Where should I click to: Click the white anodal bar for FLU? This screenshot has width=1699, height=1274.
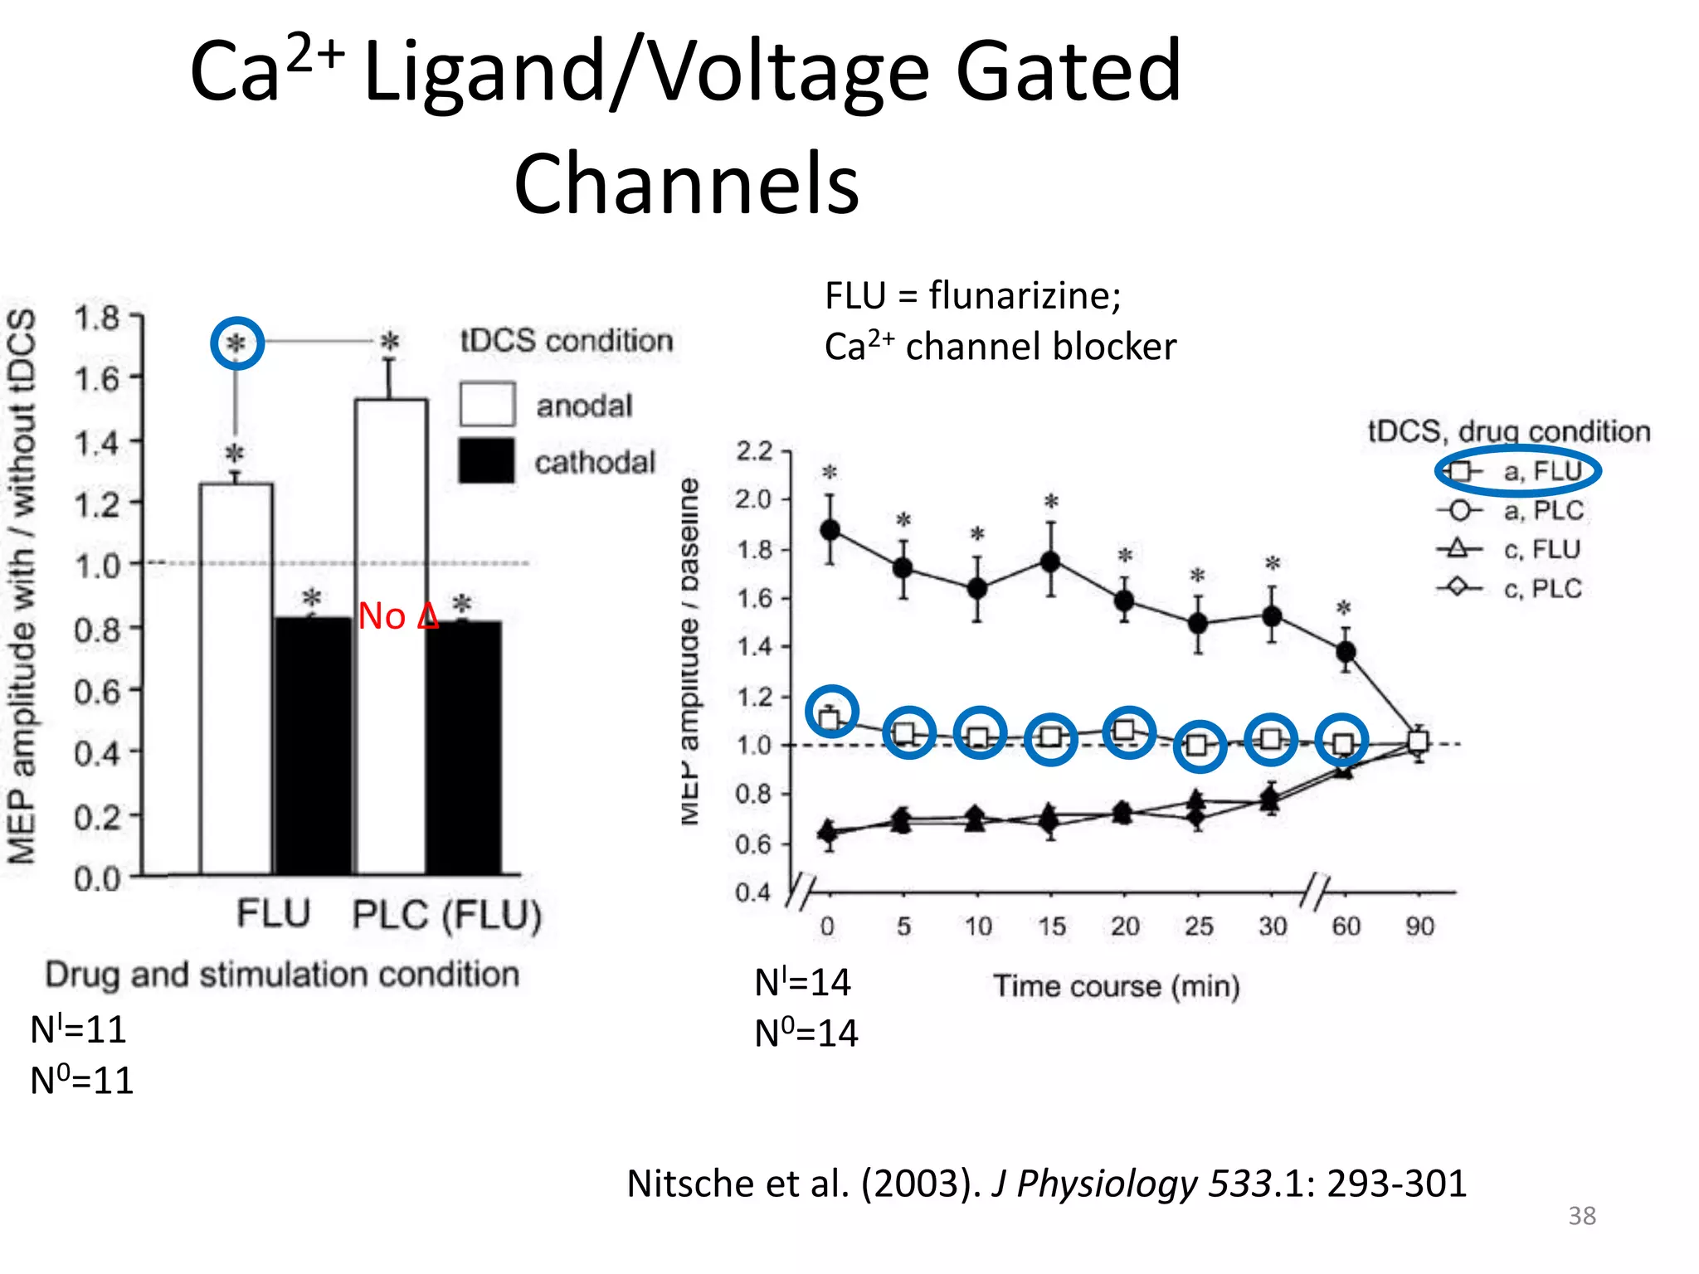236,680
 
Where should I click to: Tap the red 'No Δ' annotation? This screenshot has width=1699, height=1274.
397,616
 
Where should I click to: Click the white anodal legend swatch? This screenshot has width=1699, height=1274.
487,405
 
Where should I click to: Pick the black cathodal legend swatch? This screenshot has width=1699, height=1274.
487,460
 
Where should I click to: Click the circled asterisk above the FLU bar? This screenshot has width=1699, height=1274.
237,343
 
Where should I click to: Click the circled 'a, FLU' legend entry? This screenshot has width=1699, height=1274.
1517,471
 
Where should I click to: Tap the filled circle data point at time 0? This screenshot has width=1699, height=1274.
830,530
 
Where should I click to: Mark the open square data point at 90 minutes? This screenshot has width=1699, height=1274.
1419,741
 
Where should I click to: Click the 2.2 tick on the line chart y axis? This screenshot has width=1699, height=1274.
754,451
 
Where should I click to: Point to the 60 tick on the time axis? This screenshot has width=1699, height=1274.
1346,926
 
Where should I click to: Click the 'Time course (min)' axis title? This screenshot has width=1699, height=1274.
1117,986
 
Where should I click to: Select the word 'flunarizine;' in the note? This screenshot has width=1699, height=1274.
1025,295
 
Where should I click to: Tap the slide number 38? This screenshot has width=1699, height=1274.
1581,1216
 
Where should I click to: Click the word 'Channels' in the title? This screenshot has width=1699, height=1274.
686,183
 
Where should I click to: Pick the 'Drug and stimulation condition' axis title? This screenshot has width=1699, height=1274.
282,975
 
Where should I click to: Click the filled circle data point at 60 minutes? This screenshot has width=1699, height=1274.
1346,652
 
